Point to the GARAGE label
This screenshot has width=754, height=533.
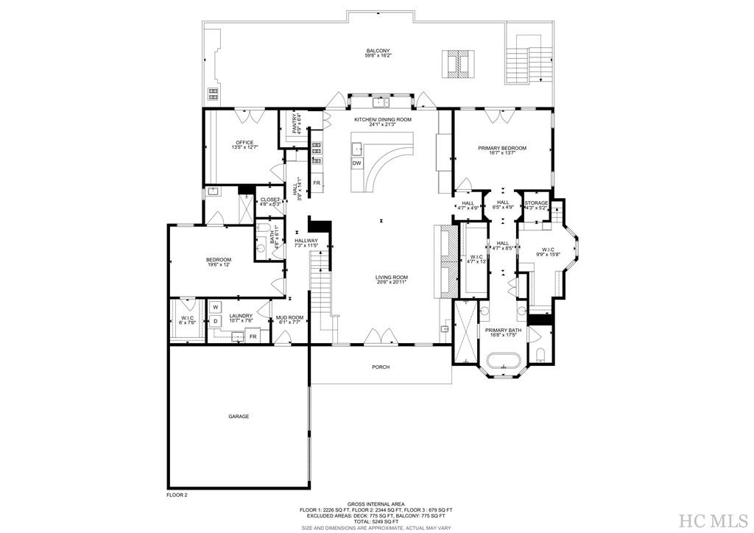(238, 417)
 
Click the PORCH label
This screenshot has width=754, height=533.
(380, 367)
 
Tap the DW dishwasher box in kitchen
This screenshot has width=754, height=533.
(356, 163)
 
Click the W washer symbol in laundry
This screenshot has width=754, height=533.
(216, 307)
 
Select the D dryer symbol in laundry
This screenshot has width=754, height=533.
(216, 322)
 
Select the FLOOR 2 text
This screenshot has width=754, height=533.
(177, 495)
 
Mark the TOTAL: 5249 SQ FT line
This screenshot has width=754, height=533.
(376, 522)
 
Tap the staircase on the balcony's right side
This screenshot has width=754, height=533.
(529, 59)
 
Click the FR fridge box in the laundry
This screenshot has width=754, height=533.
(253, 336)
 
